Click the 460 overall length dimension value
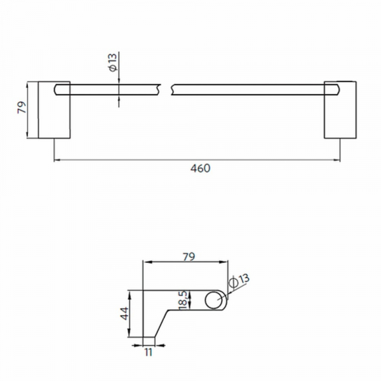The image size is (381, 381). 199,169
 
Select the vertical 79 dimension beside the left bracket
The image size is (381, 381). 21,109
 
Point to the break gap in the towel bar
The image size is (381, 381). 167,89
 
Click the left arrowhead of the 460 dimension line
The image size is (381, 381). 57,160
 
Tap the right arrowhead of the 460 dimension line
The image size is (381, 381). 337,160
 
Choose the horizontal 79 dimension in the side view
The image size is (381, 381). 188,257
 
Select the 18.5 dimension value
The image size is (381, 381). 182,298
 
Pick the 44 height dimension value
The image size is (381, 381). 124,314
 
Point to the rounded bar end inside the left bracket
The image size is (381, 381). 60,89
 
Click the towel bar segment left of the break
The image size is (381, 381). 114,89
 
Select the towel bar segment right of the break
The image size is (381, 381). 248,89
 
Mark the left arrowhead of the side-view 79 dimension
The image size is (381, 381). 148,261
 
